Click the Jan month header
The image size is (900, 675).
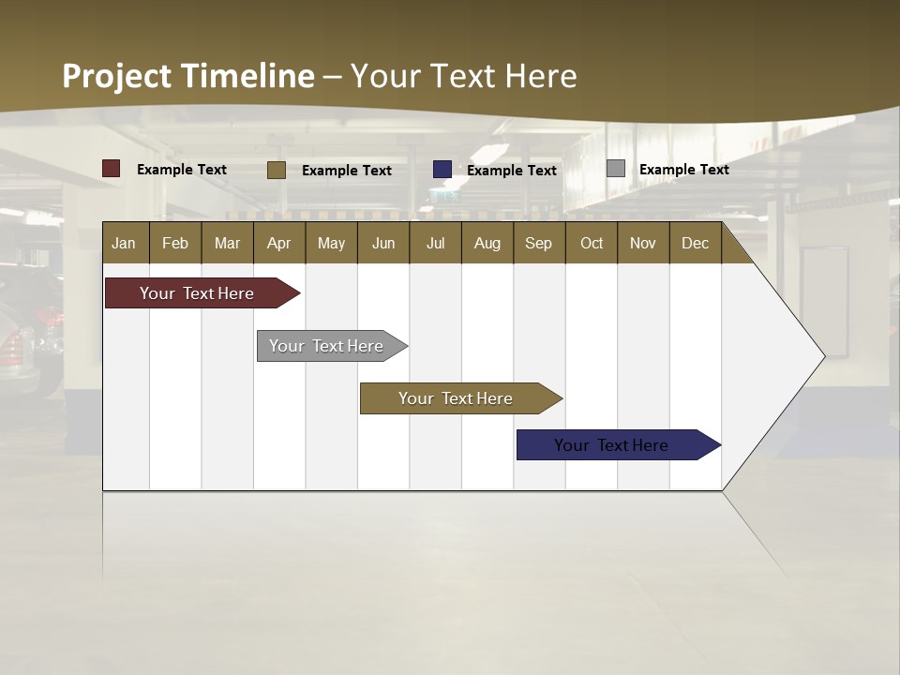[124, 243]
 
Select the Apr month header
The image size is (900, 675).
[278, 243]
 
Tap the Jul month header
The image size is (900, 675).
[435, 243]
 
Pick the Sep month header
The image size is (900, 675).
[538, 243]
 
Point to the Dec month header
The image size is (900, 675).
[695, 243]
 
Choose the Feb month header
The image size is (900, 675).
[175, 243]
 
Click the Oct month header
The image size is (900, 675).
[592, 243]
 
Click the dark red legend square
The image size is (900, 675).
[112, 169]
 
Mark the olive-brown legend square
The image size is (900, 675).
[277, 170]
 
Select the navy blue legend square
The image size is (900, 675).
[442, 170]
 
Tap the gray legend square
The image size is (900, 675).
[616, 169]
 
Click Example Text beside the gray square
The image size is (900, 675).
[683, 169]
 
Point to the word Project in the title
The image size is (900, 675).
[117, 76]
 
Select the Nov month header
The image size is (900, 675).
[642, 243]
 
